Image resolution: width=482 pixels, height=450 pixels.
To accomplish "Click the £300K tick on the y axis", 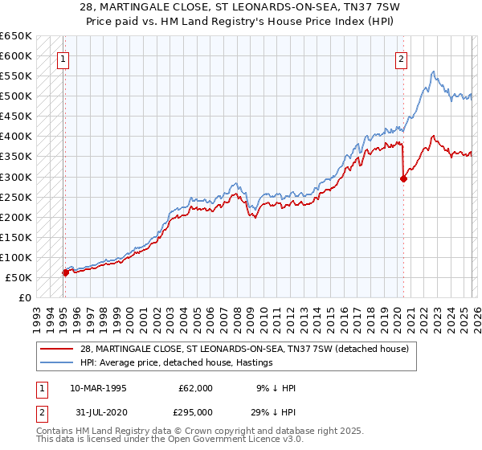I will coord(16,177).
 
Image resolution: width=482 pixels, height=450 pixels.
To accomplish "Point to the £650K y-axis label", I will coord(16,36).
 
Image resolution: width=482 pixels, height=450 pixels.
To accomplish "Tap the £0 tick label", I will coord(23,297).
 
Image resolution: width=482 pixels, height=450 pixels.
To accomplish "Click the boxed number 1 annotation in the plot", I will coord(63,58).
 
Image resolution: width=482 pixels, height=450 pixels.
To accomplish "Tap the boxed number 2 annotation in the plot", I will coord(401,58).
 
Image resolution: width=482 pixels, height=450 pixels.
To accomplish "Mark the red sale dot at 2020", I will coord(403,178).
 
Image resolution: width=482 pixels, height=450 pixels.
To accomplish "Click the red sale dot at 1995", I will coord(65,272).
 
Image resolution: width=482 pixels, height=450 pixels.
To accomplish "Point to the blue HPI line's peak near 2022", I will coord(433,72).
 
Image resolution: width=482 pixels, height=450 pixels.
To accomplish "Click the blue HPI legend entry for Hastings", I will coord(177,362).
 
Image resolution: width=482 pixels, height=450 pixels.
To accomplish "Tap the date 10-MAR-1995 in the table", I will coord(98,387).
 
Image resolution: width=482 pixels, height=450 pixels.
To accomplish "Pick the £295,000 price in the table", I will coord(195,411).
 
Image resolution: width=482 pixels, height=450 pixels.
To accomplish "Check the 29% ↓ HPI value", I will coord(273,411).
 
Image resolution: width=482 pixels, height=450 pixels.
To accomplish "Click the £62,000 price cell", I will coord(195,387).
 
